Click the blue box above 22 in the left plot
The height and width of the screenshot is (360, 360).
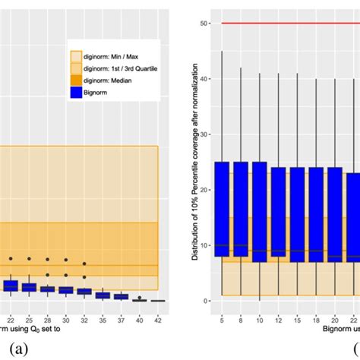(11, 286)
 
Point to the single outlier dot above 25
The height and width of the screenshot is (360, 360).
(30, 258)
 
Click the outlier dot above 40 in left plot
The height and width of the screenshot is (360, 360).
(140, 297)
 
